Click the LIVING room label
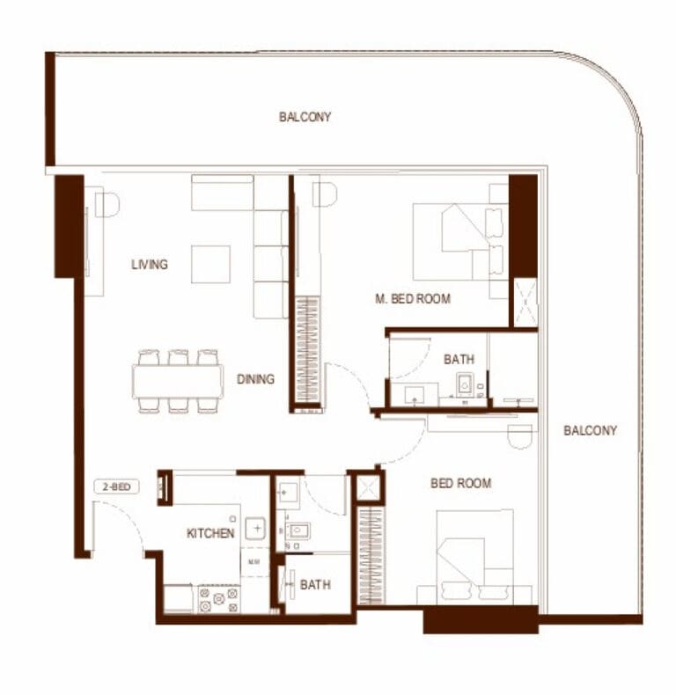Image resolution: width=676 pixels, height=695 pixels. coord(150,265)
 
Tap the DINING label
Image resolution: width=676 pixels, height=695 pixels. coord(255,379)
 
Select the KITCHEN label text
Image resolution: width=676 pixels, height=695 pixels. coord(210,533)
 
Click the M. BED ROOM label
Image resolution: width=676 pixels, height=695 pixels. coord(413,299)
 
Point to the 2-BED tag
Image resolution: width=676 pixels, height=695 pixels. coord(117,486)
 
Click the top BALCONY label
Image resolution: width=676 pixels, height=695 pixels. coord(305,117)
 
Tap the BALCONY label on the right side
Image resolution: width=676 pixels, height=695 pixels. coord(590,430)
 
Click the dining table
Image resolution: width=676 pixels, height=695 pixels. coord(178,381)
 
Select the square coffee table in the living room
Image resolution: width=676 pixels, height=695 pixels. coord(210,264)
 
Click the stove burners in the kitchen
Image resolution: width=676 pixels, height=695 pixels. coord(218,599)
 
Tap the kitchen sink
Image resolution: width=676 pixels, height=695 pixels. coord(255,529)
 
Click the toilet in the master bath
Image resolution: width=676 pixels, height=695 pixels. coord(465,384)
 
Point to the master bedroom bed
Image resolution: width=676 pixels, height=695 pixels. coord(460,242)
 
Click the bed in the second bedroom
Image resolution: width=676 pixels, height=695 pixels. coord(475,557)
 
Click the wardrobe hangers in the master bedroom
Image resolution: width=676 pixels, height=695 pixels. coord(307,350)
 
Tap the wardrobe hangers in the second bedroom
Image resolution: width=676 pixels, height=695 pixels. coord(370,556)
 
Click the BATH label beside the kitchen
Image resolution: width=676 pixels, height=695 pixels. coord(315,585)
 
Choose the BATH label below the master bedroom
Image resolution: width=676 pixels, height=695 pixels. coord(459,359)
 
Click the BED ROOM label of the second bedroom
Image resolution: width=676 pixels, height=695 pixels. coord(461,483)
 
